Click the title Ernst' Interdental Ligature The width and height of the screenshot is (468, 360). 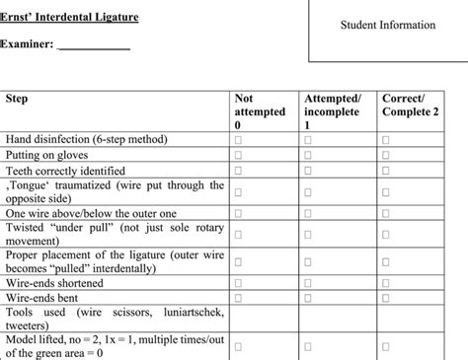coord(69,18)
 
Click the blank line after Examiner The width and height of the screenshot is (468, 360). coord(94,45)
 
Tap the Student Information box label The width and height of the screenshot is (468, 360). coord(387,25)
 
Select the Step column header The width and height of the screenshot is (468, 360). coord(18,99)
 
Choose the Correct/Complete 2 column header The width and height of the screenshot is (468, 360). coord(415,106)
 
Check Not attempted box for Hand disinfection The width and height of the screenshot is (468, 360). coord(238,142)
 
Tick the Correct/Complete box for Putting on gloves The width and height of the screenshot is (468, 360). coord(386,156)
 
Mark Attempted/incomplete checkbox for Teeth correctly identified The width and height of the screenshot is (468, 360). coord(309,170)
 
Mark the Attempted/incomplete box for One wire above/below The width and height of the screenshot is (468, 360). coord(309,212)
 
